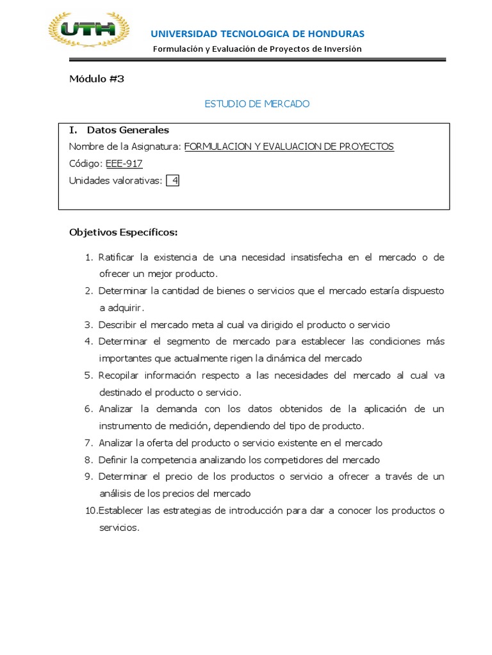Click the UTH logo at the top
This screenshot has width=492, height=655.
(x=89, y=29)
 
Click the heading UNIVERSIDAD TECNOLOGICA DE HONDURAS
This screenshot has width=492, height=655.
(x=257, y=33)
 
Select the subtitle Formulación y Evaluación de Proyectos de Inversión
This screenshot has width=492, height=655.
(x=257, y=49)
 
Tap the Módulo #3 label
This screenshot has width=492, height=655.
(x=96, y=79)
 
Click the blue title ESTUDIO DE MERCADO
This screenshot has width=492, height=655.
(x=257, y=104)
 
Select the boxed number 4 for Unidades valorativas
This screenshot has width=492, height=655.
(x=174, y=181)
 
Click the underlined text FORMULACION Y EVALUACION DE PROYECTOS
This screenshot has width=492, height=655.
(x=289, y=146)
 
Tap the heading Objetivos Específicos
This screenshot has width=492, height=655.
(x=123, y=232)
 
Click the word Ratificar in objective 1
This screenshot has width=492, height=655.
(x=115, y=257)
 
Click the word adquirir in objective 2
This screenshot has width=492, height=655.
(x=113, y=308)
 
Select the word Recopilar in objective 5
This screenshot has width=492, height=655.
(x=118, y=375)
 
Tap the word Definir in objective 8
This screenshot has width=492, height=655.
(x=112, y=460)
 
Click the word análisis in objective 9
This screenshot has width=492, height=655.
(x=113, y=494)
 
